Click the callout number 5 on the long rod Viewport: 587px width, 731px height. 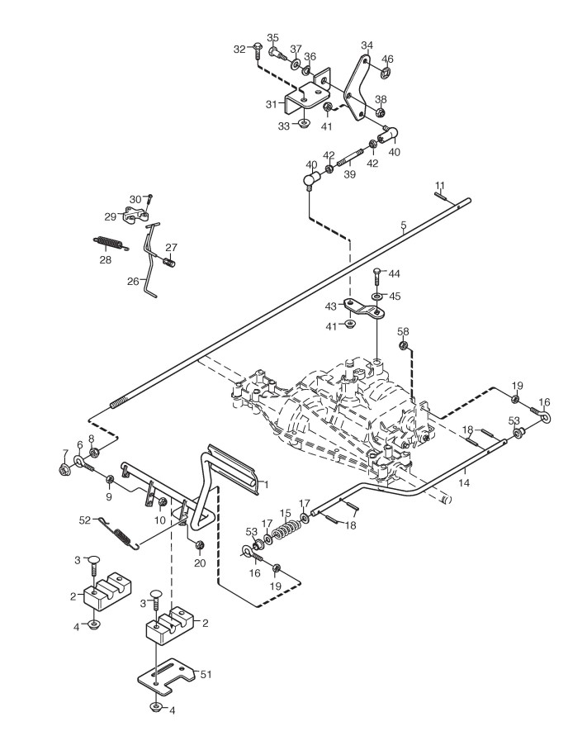tap(404, 224)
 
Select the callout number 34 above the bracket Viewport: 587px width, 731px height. tap(367, 45)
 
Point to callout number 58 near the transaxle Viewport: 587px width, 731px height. tap(403, 331)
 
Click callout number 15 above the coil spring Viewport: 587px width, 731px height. tap(285, 512)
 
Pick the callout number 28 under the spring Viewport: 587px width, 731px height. tap(105, 259)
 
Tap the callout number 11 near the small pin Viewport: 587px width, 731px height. tap(440, 184)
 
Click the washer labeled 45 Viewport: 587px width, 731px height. tap(376, 296)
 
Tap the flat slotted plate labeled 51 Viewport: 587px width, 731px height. tap(169, 675)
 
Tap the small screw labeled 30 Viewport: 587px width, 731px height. tap(151, 198)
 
